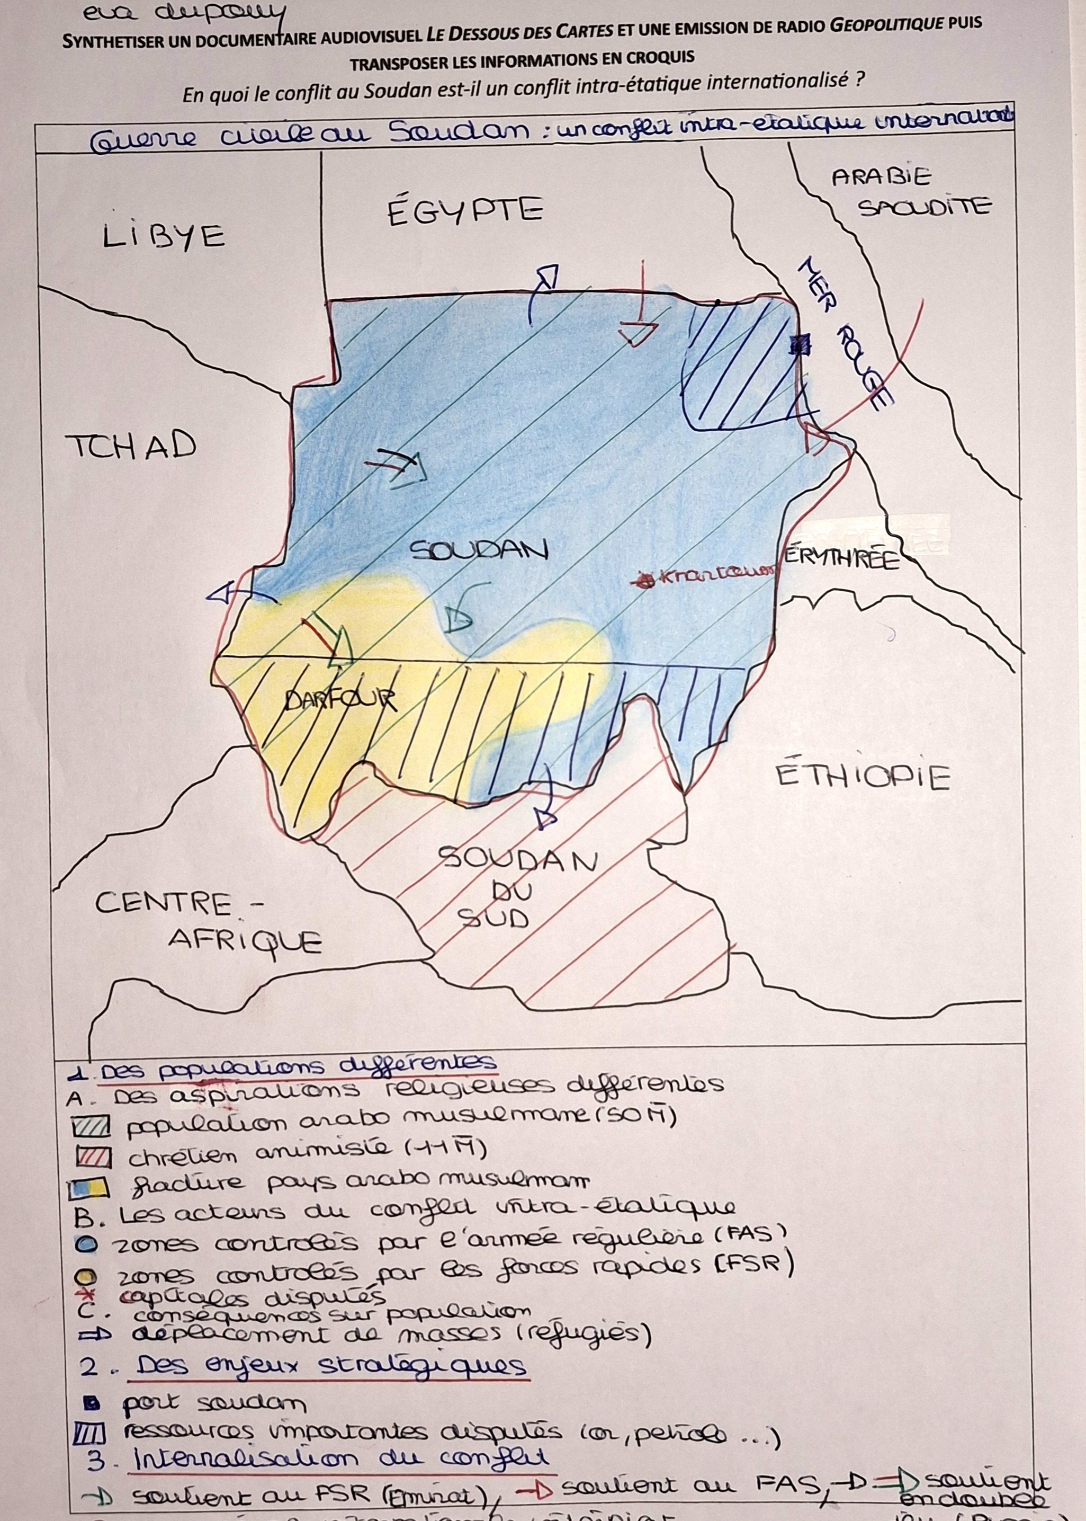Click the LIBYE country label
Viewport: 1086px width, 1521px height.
pyautogui.click(x=164, y=236)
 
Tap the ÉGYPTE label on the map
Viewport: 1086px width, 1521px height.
pyautogui.click(x=465, y=210)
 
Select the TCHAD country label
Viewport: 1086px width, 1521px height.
pyautogui.click(x=131, y=444)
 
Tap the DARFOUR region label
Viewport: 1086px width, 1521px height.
pyautogui.click(x=340, y=700)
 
